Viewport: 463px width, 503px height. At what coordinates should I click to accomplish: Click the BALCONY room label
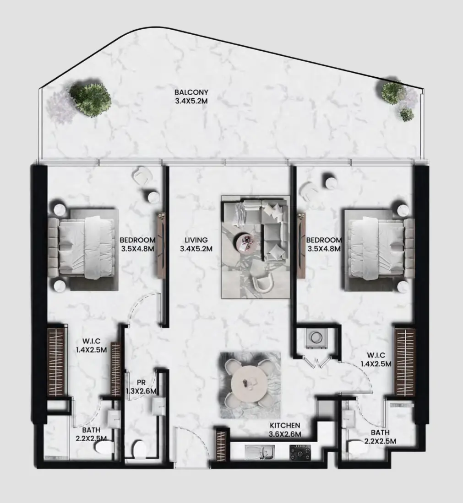[191, 92]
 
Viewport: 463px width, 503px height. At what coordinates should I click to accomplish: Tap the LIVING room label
[196, 240]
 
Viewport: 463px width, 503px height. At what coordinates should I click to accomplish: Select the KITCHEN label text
[285, 425]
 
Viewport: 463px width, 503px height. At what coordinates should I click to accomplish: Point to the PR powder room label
[141, 383]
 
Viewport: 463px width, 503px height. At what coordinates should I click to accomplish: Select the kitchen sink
[260, 452]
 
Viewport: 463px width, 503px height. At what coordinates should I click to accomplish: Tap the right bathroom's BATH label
[380, 433]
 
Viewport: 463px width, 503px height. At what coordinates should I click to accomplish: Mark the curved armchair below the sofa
[263, 282]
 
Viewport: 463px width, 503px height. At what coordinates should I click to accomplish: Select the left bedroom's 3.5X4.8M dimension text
[137, 248]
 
